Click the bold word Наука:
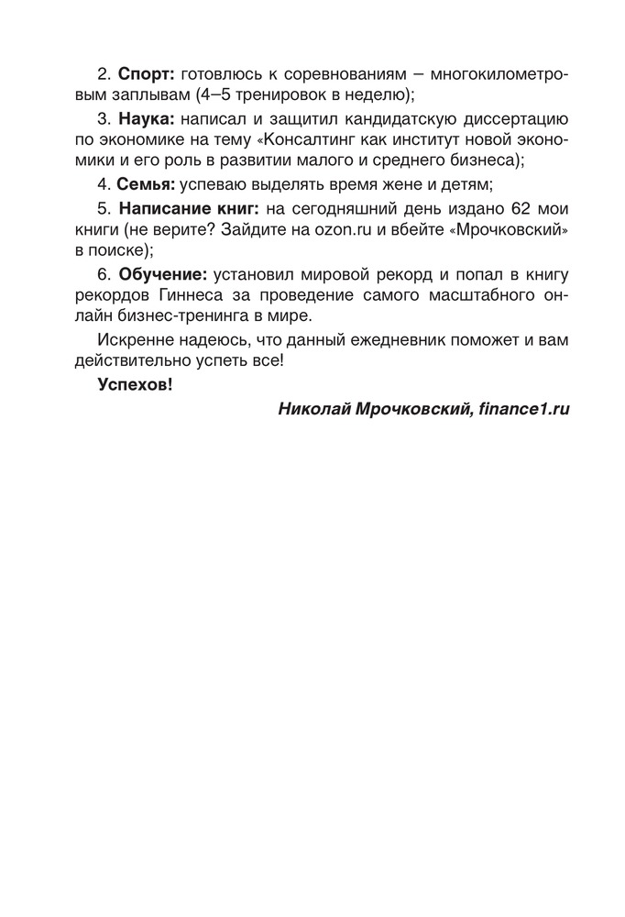tap(146, 119)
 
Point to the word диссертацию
tap(516, 119)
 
